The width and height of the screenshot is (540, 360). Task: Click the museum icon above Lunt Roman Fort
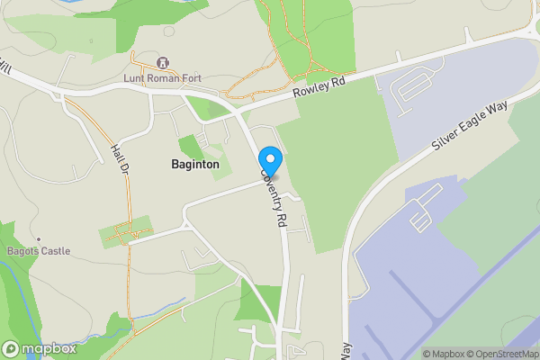click(x=163, y=62)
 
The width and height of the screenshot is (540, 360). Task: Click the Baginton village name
click(x=194, y=165)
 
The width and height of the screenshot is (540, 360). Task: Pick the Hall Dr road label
click(x=121, y=160)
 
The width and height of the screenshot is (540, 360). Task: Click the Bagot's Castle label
click(x=37, y=251)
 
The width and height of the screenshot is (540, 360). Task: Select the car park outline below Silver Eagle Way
click(x=420, y=215)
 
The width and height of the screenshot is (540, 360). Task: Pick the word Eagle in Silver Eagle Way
click(x=471, y=125)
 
